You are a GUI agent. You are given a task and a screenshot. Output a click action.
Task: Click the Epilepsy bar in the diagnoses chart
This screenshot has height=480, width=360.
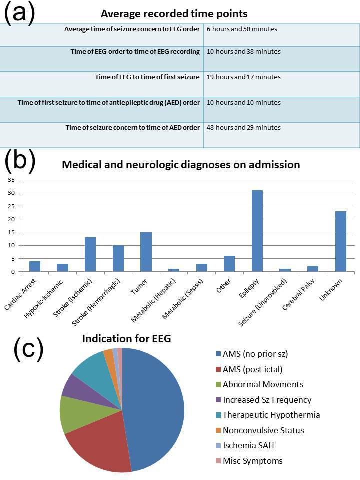(x=257, y=231)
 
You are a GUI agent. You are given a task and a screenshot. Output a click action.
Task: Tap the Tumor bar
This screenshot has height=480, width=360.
(x=146, y=252)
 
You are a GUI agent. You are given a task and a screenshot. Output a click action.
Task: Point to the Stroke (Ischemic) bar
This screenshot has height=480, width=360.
(x=90, y=254)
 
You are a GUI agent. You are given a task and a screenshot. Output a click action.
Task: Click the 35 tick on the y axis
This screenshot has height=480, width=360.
(x=12, y=180)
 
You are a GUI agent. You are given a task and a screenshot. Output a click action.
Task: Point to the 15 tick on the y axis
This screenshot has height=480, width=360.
(x=12, y=232)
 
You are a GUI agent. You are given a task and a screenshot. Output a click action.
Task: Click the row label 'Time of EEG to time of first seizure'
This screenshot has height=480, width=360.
(x=147, y=77)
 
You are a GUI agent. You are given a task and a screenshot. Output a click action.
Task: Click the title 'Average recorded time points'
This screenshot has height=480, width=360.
(x=174, y=13)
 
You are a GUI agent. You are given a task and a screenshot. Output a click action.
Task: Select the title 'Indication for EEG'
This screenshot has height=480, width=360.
(x=127, y=339)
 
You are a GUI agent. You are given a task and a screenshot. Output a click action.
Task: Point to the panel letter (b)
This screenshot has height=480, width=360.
(x=20, y=161)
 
